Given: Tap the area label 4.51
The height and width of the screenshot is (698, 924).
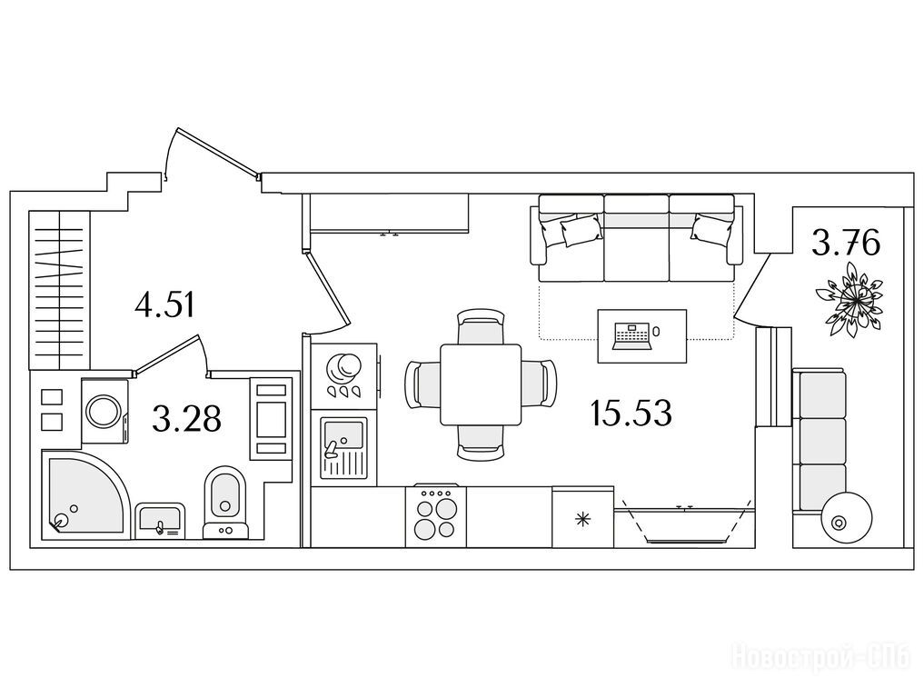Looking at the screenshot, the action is [164, 305].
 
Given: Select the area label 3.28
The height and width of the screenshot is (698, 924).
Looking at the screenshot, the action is [186, 418].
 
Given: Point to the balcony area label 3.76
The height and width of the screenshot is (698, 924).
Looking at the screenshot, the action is [846, 243].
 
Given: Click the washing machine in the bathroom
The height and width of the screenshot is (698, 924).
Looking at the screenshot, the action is [104, 410].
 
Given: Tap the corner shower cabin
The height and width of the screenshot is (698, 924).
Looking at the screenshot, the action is [84, 494].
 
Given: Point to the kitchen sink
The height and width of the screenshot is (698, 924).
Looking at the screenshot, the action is [343, 448].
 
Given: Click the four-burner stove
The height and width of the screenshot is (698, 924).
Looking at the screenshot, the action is [435, 516].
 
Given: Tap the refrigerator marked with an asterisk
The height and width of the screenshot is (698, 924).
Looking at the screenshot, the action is [582, 517].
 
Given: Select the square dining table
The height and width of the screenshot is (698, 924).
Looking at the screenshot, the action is [481, 384].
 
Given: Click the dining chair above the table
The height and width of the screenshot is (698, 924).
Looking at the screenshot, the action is [481, 326].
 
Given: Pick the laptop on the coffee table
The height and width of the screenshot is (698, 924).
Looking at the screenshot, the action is [632, 336].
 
